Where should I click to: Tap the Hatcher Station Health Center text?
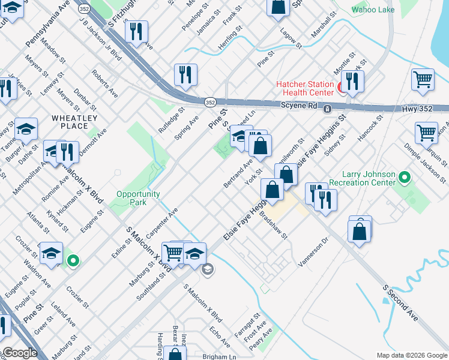point(304,88)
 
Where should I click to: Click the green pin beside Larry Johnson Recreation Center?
point(405,178)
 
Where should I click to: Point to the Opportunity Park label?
point(138,198)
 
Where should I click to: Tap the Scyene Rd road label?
point(298,105)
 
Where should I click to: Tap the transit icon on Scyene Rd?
point(328,109)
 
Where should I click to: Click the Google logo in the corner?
point(20,353)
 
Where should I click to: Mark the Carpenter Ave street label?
point(162,223)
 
